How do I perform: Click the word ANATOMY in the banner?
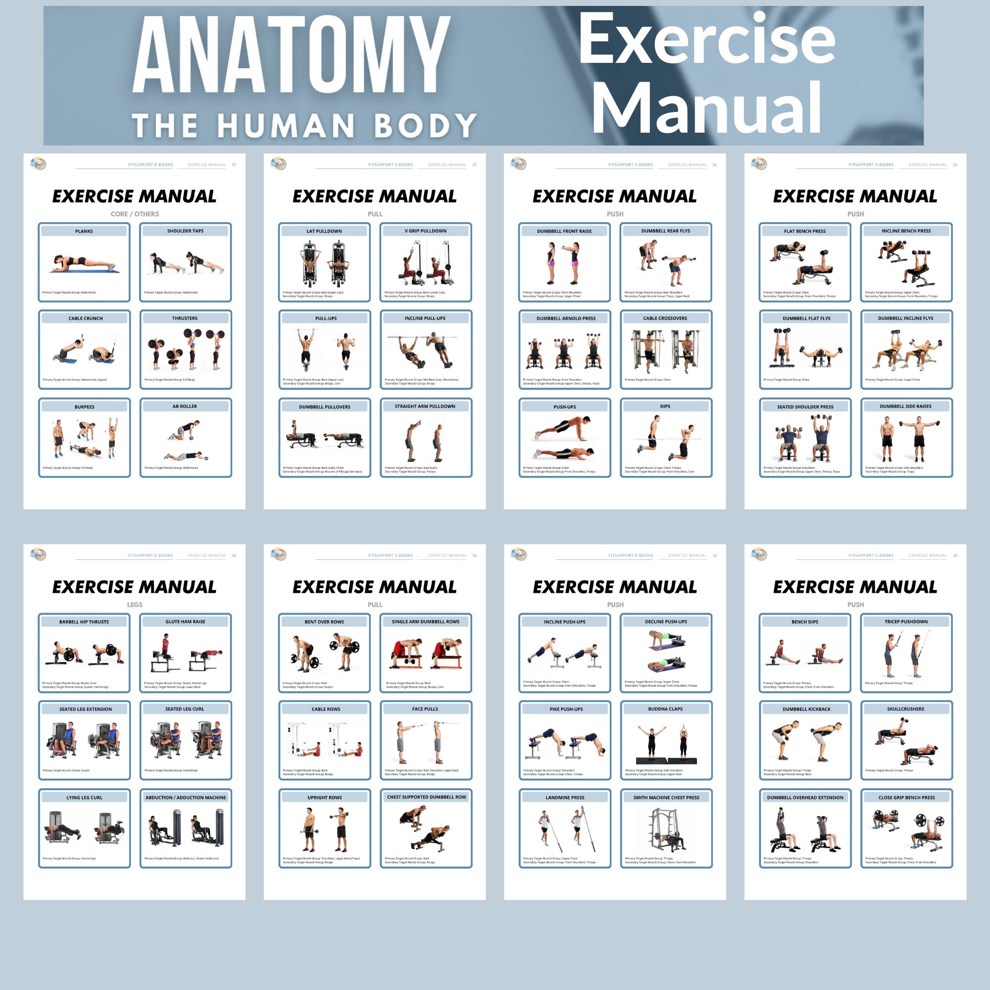(x=291, y=55)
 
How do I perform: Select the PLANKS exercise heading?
(x=84, y=231)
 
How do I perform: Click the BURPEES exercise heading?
(x=85, y=407)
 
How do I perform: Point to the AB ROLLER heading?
(x=185, y=406)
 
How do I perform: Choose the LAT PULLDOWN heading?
(x=324, y=231)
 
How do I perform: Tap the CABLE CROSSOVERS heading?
(x=665, y=318)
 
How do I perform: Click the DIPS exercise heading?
(x=665, y=406)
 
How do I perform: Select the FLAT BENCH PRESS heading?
(x=804, y=231)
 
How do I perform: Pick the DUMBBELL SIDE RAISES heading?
(x=905, y=406)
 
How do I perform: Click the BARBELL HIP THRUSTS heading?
(x=84, y=622)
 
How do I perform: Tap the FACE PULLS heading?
(x=425, y=709)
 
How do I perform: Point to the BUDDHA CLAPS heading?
(x=665, y=709)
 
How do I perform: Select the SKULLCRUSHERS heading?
(x=905, y=709)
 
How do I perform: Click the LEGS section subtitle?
(x=135, y=605)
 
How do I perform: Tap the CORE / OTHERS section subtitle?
(x=135, y=214)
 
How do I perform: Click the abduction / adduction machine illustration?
(x=186, y=828)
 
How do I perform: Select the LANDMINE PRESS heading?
(x=565, y=797)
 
